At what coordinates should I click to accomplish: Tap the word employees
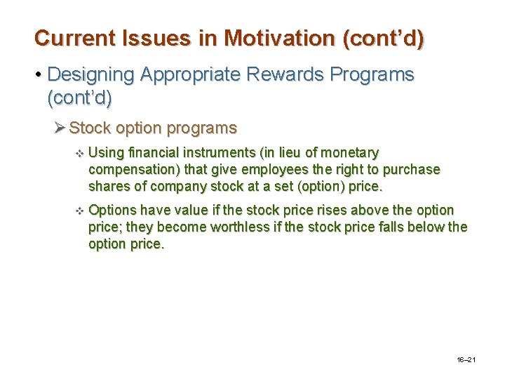point(261,170)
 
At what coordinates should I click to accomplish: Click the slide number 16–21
point(466,359)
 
